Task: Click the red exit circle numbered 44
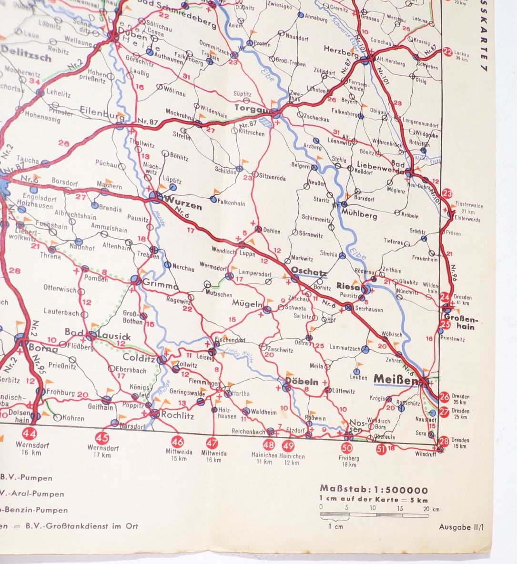(30, 433)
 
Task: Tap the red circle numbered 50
(346, 448)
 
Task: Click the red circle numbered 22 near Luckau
(447, 52)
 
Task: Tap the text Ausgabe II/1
(461, 527)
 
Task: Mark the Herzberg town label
(340, 49)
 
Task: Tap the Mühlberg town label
(359, 215)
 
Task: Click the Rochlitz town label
(178, 415)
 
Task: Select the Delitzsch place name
(26, 58)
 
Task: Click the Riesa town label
(347, 286)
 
